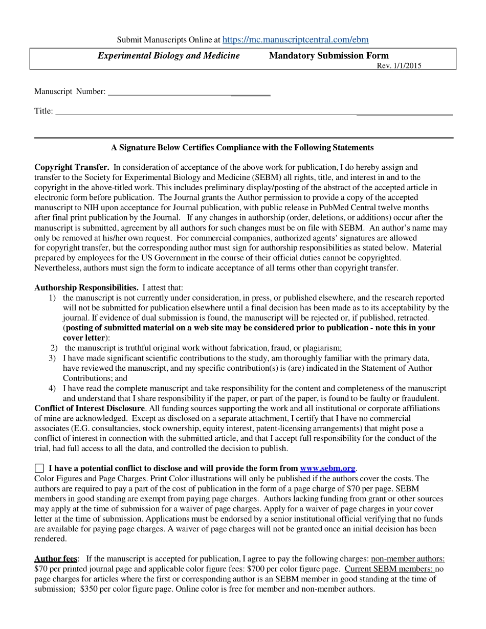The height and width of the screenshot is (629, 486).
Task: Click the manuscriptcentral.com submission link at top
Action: click(x=296, y=39)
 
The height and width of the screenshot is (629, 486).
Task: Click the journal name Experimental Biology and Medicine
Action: click(x=168, y=56)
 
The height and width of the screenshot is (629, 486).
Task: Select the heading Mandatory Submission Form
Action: click(x=328, y=56)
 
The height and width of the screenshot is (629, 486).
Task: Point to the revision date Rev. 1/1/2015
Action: click(x=399, y=65)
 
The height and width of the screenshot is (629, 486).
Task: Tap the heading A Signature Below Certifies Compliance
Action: click(x=242, y=147)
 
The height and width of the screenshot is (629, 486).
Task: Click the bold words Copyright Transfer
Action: click(x=72, y=167)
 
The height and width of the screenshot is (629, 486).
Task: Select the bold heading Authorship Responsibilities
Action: click(x=86, y=287)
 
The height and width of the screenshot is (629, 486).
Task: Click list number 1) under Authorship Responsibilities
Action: click(x=52, y=298)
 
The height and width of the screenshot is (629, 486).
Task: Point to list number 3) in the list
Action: click(x=52, y=358)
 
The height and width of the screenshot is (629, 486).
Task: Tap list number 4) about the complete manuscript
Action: click(x=52, y=388)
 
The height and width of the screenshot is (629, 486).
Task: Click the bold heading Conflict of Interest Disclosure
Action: click(x=90, y=408)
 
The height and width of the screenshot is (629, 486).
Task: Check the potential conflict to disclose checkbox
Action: click(x=39, y=468)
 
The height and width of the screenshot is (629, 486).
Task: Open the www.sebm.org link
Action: click(x=327, y=468)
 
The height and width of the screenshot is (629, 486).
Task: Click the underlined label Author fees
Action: click(x=56, y=558)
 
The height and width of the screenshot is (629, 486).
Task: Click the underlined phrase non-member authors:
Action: click(x=408, y=558)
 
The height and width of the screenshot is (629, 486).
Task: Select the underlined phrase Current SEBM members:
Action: click(x=389, y=569)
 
